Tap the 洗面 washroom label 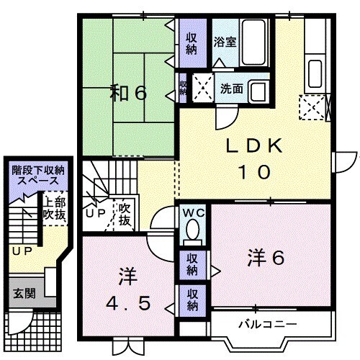(x=231, y=89)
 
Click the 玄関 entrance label (x=22, y=293)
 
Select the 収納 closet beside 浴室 (x=192, y=44)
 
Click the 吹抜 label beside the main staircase (x=125, y=212)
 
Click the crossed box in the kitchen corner (x=313, y=110)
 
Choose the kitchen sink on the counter (x=315, y=72)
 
